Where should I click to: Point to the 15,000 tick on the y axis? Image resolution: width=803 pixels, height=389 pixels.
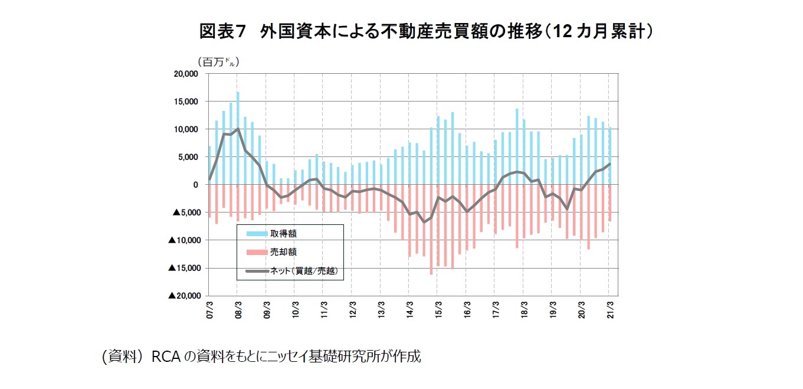pyautogui.click(x=185, y=102)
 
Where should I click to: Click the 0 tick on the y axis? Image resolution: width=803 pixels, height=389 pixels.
pyautogui.click(x=195, y=185)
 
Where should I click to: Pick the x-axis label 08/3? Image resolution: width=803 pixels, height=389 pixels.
pyautogui.click(x=238, y=309)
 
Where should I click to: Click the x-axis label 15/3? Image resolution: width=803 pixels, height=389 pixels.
pyautogui.click(x=438, y=309)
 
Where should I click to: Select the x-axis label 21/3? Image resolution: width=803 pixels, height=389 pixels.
pyautogui.click(x=609, y=309)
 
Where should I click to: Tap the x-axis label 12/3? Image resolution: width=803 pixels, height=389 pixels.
pyautogui.click(x=352, y=309)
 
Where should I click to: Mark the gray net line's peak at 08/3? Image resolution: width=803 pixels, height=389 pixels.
pyautogui.click(x=238, y=129)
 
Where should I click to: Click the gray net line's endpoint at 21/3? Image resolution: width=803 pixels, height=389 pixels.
pyautogui.click(x=609, y=164)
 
